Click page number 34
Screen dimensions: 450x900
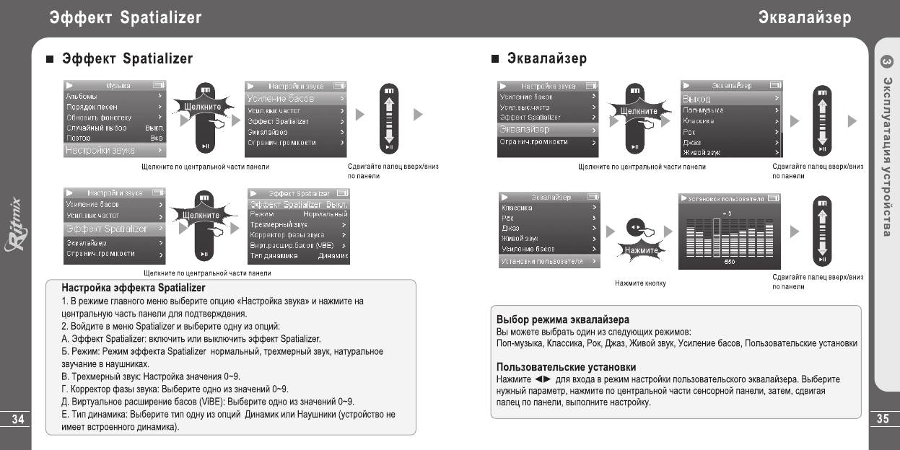[15, 420]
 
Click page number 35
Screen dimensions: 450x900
[884, 420]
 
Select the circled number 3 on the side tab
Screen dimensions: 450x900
[887, 62]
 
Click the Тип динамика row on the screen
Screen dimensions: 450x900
[298, 255]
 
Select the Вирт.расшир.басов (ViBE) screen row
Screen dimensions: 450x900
[298, 245]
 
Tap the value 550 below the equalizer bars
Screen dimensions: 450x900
[730, 262]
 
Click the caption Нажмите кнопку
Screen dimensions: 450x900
[640, 283]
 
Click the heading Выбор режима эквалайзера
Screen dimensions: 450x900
[563, 319]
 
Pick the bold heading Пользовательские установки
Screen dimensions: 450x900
[566, 367]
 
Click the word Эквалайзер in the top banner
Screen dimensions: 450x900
[804, 17]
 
